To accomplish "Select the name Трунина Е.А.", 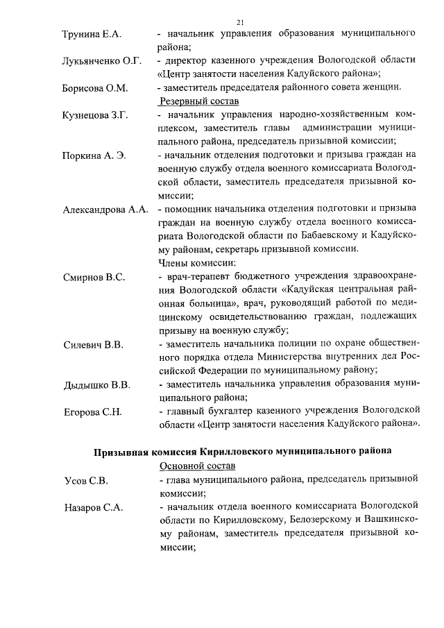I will (92, 34).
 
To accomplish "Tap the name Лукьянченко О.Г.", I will (102, 61).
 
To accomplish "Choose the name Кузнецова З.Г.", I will (96, 115).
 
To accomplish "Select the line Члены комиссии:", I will (197, 264).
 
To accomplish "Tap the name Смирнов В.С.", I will (94, 278).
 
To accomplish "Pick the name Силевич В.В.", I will (93, 345).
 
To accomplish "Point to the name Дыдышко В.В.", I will (96, 385).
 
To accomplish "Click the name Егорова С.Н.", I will (93, 412).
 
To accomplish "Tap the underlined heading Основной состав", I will (197, 465).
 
